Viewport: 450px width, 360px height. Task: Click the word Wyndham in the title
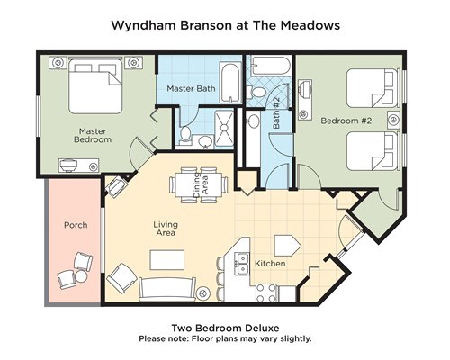pos(143,25)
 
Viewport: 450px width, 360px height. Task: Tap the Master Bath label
pos(191,88)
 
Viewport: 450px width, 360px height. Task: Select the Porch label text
pos(76,225)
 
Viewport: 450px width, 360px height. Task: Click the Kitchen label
pos(270,264)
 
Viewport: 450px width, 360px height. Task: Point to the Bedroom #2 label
pos(346,121)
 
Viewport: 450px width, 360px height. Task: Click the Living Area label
pos(166,229)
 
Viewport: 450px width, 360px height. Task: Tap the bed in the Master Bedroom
pos(95,86)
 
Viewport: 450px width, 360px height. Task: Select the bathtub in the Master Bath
pos(230,83)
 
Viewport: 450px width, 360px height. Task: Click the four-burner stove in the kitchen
pos(266,292)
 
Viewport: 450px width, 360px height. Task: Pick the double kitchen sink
pos(242,264)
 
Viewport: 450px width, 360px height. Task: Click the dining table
pos(198,185)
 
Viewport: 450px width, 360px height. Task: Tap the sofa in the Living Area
pos(167,289)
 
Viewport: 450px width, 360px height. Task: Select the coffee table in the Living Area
pos(167,260)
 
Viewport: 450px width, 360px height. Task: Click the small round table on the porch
pos(81,276)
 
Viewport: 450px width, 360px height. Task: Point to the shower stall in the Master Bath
pos(224,128)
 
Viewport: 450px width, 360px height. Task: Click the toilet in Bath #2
pos(256,91)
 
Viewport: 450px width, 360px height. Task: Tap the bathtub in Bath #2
pos(271,66)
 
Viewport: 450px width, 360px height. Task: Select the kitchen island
pos(287,245)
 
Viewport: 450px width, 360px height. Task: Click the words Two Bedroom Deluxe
pos(225,328)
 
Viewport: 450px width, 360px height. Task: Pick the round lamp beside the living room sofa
pos(203,292)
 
